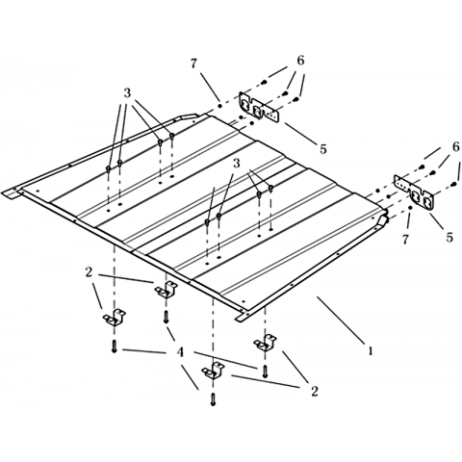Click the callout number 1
tap(371, 350)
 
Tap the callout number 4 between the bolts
tap(181, 353)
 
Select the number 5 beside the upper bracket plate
tap(322, 148)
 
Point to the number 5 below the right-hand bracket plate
tap(449, 237)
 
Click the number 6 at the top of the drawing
tap(300, 61)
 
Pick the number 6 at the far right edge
tap(455, 146)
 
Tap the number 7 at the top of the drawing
tap(193, 64)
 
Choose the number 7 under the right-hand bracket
tap(405, 239)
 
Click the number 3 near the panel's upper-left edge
tap(127, 93)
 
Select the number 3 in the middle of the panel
tap(236, 164)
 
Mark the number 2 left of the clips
tap(89, 272)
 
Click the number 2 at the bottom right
tap(314, 391)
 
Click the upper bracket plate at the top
tap(259, 108)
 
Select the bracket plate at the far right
tap(414, 192)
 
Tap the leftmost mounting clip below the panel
tap(115, 318)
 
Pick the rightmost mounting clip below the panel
tap(266, 343)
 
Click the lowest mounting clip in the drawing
tap(213, 371)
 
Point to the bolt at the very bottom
tap(213, 399)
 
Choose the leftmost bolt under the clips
tap(115, 346)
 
